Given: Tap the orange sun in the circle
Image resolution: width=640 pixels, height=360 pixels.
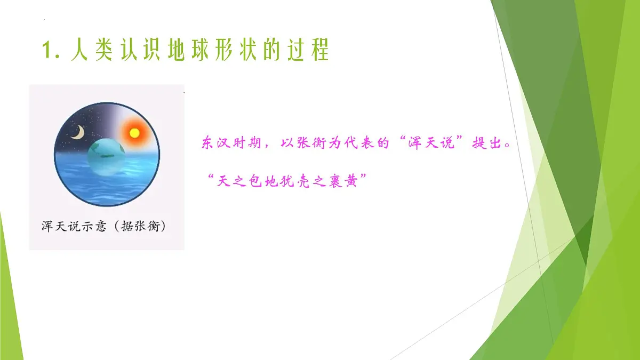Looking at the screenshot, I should click(133, 131).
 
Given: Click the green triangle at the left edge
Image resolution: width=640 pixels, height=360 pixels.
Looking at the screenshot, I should click(9, 309).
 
